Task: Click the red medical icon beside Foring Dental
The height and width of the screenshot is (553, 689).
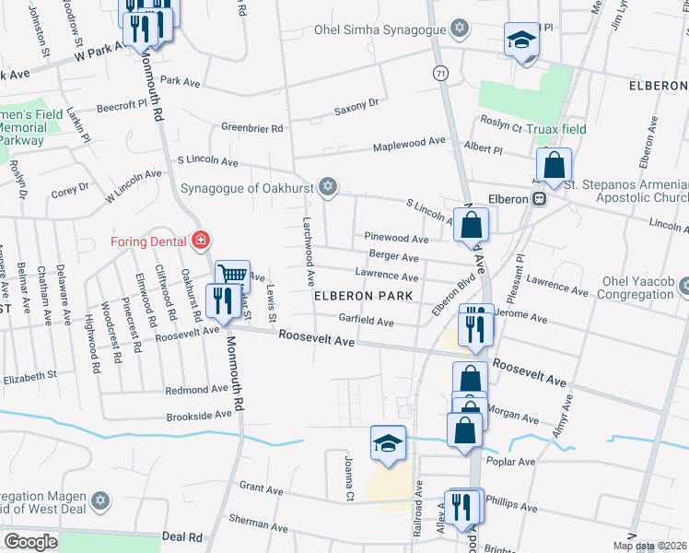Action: coord(199,241)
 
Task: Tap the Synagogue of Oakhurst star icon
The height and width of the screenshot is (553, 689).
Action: coord(327,188)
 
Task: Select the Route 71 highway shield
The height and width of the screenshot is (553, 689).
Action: coord(441,72)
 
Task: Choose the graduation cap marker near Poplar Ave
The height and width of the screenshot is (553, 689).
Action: coord(388,441)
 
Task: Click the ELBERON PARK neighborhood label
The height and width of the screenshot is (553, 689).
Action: coord(360,297)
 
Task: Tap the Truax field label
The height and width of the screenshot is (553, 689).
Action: coord(556,129)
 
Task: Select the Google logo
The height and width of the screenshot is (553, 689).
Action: coord(30,541)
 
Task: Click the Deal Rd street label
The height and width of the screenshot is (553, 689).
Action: coord(181,536)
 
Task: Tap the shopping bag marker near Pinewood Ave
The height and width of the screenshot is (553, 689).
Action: coord(471,224)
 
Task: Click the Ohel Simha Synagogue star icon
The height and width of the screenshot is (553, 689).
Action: coord(459,28)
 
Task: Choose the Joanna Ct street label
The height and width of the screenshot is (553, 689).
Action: coord(349,477)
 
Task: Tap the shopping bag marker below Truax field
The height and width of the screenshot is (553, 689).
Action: coord(555,166)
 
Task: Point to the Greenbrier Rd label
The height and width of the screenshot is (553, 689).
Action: coord(251,128)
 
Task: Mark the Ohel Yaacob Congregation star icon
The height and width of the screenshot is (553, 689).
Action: coord(683,287)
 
